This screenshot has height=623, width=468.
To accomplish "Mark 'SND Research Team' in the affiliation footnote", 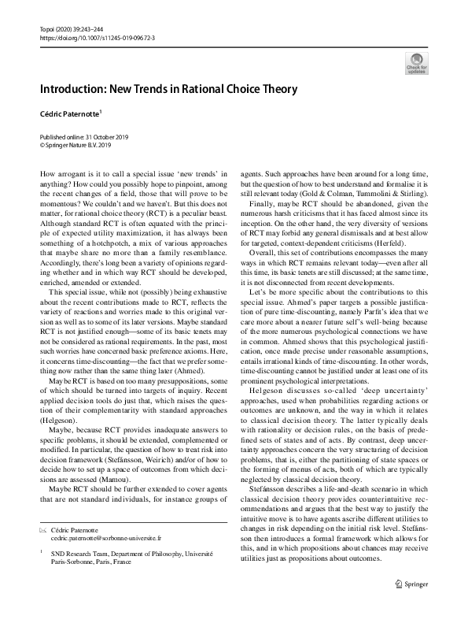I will [x=81, y=553].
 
